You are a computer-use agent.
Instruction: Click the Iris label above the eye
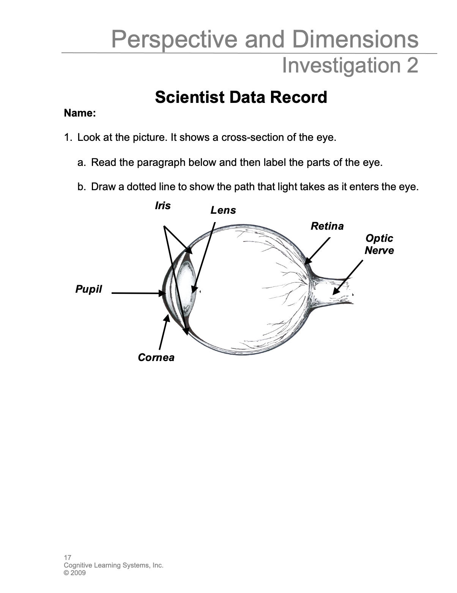(163, 206)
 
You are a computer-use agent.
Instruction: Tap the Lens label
(223, 210)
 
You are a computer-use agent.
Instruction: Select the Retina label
(327, 226)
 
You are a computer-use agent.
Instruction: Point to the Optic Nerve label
(379, 244)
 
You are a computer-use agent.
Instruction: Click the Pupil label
(88, 289)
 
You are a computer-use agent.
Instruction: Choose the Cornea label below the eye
(156, 358)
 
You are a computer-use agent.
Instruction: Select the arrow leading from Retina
(318, 250)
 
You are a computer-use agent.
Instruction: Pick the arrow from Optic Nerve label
(348, 277)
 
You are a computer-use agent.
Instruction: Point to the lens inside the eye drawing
(186, 289)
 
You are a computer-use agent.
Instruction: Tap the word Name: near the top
(80, 113)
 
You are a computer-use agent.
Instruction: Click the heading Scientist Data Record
(241, 97)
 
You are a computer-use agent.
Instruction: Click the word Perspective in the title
(175, 39)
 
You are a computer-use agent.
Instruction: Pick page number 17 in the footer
(68, 558)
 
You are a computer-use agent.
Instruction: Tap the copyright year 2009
(78, 573)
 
